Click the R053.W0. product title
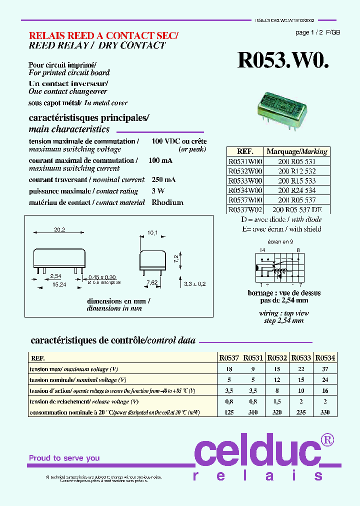coord(283,60)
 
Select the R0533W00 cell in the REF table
coord(245,180)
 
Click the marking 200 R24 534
coord(297,190)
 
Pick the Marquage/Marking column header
coord(297,151)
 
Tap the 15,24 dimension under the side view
coord(59,284)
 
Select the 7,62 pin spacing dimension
coord(151,282)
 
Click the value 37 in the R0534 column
coord(325,369)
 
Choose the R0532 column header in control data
coord(277,358)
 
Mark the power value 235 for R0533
coord(301,412)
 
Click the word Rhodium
coord(167,202)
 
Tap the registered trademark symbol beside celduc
coord(327,439)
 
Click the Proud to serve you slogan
coord(64,458)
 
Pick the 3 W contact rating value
coord(158,191)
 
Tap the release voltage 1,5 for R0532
coord(277,401)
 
